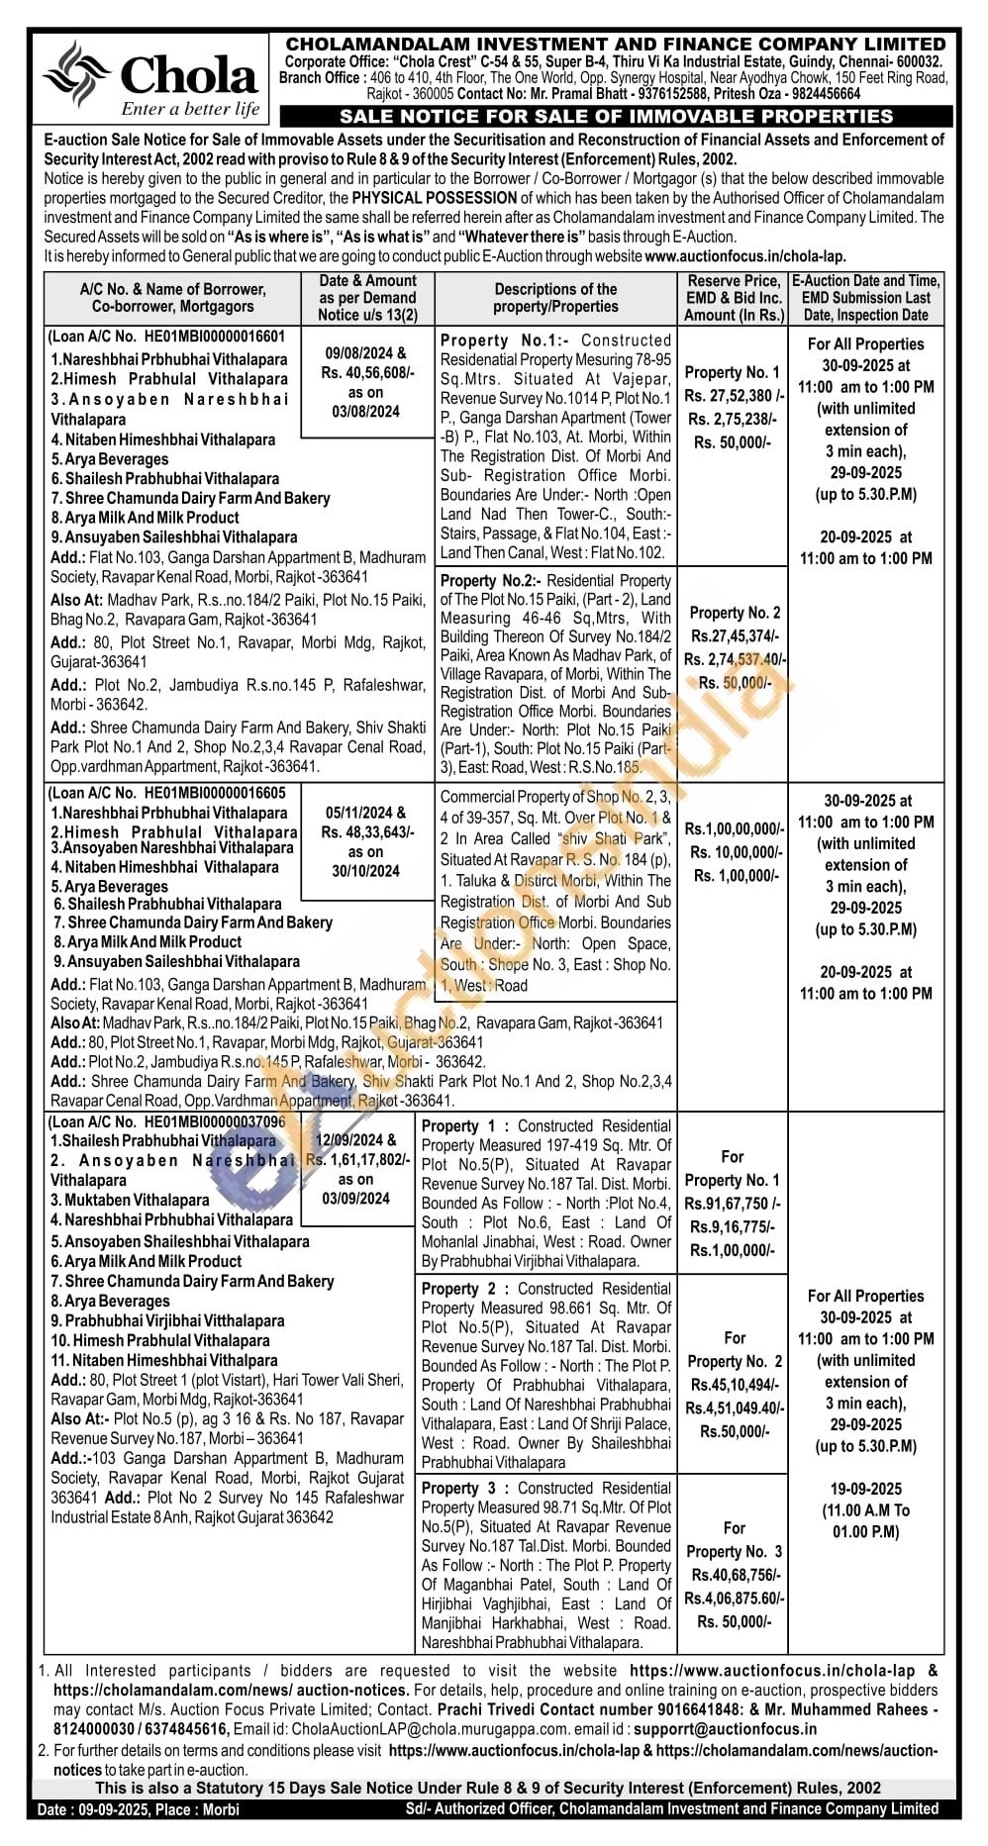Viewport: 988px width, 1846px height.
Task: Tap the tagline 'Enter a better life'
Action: click(190, 110)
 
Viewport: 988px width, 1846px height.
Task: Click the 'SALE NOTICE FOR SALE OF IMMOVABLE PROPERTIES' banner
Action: click(616, 117)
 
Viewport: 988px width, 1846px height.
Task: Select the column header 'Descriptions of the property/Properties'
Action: click(555, 298)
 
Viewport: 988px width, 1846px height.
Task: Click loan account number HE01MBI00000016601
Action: click(214, 337)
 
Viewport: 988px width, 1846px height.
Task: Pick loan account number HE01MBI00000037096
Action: click(214, 1121)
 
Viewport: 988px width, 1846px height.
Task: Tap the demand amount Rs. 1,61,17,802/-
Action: click(357, 1160)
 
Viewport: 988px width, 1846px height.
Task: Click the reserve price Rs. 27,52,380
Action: click(734, 396)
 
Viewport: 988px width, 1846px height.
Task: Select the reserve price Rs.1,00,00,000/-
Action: click(734, 828)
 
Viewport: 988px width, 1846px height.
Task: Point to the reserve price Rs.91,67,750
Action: click(733, 1204)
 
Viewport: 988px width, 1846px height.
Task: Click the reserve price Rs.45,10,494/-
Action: click(735, 1385)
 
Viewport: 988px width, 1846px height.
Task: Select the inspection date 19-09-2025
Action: click(865, 1489)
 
